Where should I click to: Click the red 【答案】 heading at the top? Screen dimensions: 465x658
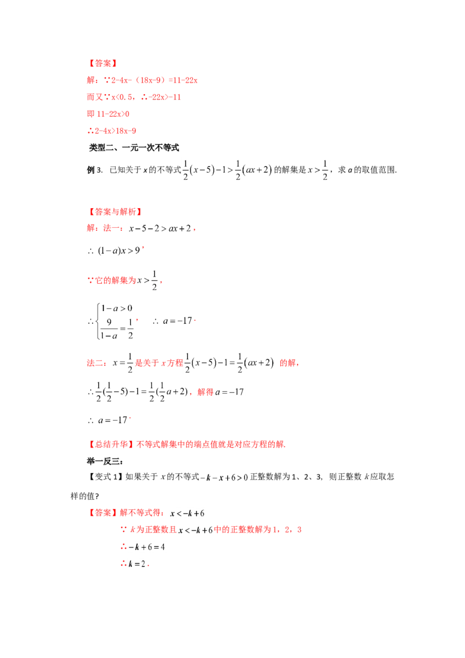pyautogui.click(x=103, y=63)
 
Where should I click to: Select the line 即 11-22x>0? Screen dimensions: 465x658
pyautogui.click(x=108, y=114)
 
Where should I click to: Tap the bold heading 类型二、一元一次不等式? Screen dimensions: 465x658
pyautogui.click(x=134, y=148)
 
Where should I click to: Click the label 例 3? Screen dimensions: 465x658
pyautogui.click(x=94, y=170)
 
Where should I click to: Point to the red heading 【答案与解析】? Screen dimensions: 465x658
pyautogui.click(x=115, y=212)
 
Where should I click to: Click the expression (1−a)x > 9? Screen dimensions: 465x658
pyautogui.click(x=119, y=251)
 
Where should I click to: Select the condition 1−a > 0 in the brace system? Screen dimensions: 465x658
pyautogui.click(x=117, y=309)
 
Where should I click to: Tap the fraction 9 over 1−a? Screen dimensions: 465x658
pyautogui.click(x=109, y=328)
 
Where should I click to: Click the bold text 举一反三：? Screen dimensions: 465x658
pyautogui.click(x=105, y=462)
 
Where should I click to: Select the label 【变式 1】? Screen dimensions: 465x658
pyautogui.click(x=105, y=477)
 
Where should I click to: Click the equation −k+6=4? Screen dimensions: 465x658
pyautogui.click(x=146, y=547)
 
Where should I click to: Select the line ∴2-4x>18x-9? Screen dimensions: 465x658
pyautogui.click(x=112, y=131)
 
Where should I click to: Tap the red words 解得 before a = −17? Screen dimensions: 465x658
pyautogui.click(x=205, y=392)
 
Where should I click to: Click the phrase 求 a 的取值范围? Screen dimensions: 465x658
pyautogui.click(x=367, y=170)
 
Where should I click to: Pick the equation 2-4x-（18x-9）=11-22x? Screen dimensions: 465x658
pyautogui.click(x=154, y=80)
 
